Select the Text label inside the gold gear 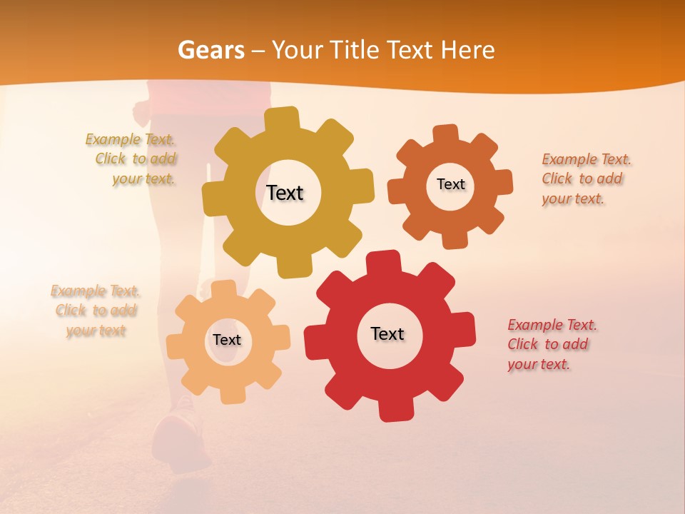pyautogui.click(x=285, y=193)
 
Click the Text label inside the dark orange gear pyautogui.click(x=450, y=184)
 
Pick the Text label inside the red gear pyautogui.click(x=387, y=333)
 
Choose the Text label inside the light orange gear pyautogui.click(x=227, y=340)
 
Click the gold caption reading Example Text pyautogui.click(x=130, y=139)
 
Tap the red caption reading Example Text pyautogui.click(x=552, y=325)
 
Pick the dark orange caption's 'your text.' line pyautogui.click(x=572, y=199)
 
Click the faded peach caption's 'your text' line pyautogui.click(x=96, y=331)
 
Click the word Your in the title pyautogui.click(x=298, y=50)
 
